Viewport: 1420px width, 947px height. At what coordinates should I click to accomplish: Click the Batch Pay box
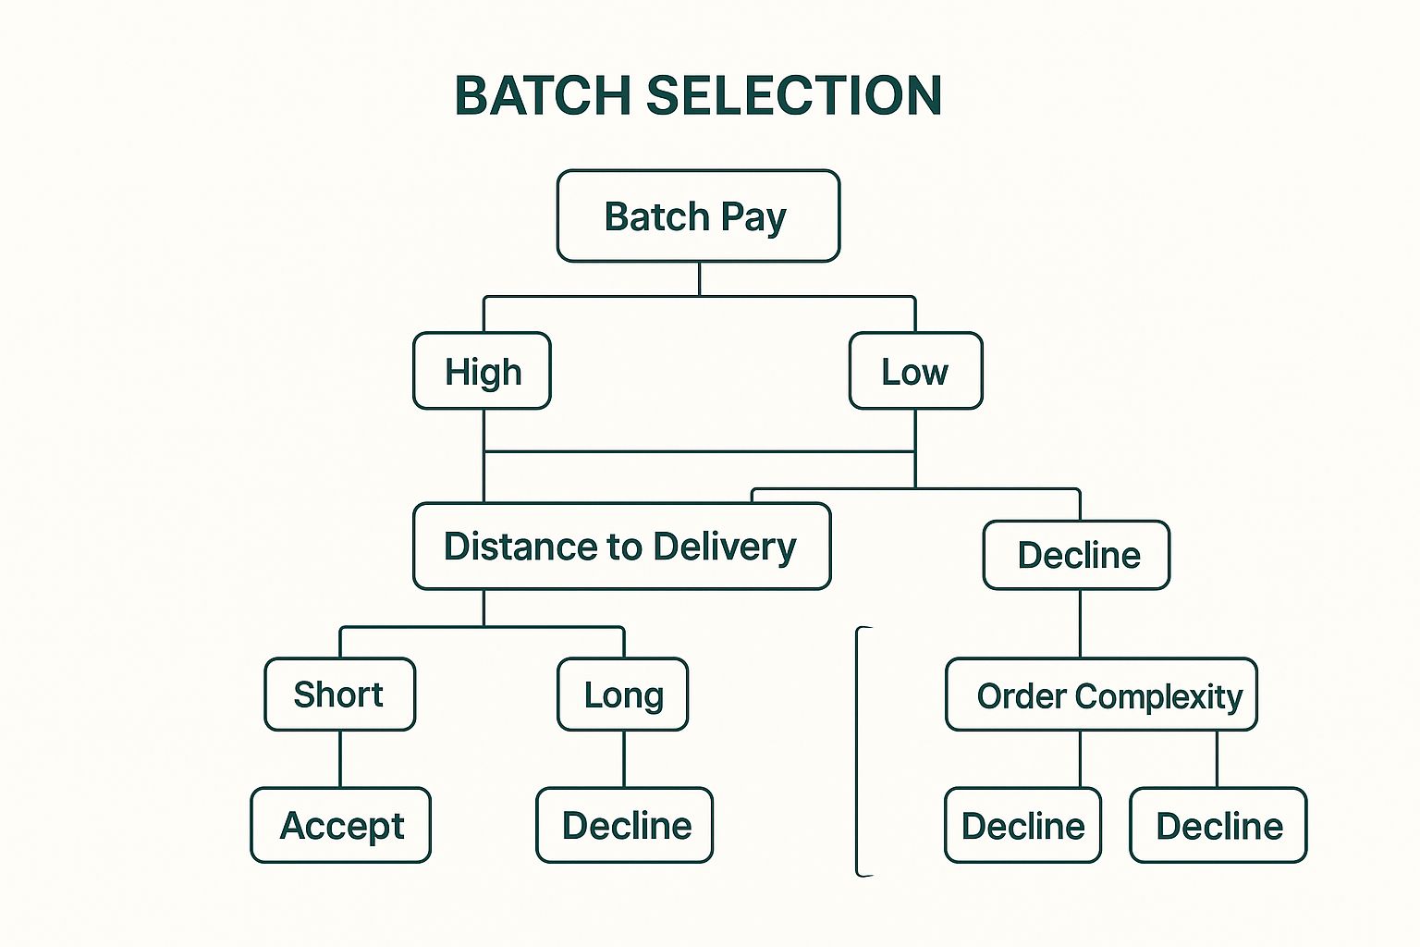pyautogui.click(x=698, y=216)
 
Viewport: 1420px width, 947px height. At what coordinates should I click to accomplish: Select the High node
pyautogui.click(x=482, y=371)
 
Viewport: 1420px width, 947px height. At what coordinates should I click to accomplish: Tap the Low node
pyautogui.click(x=915, y=371)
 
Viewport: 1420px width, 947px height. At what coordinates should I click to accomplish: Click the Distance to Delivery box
pyautogui.click(x=621, y=547)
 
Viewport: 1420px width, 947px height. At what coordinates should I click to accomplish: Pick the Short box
pyautogui.click(x=339, y=695)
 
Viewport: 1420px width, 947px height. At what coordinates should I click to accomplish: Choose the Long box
pyautogui.click(x=622, y=695)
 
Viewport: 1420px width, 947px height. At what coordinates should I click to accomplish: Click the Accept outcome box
pyautogui.click(x=340, y=825)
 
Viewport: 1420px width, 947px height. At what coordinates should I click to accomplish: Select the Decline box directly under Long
pyautogui.click(x=624, y=825)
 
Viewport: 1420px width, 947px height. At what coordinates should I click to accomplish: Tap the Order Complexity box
pyautogui.click(x=1101, y=695)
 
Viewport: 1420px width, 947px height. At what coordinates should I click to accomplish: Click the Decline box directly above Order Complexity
pyautogui.click(x=1076, y=555)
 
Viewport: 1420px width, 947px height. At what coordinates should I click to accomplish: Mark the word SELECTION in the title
pyautogui.click(x=794, y=95)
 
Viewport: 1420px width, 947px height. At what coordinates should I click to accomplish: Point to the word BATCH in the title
pyautogui.click(x=543, y=95)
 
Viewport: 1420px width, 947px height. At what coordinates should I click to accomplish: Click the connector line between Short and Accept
pyautogui.click(x=340, y=759)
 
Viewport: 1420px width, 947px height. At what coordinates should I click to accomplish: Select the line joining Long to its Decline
pyautogui.click(x=624, y=759)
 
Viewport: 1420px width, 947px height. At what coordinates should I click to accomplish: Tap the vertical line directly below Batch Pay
pyautogui.click(x=699, y=278)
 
